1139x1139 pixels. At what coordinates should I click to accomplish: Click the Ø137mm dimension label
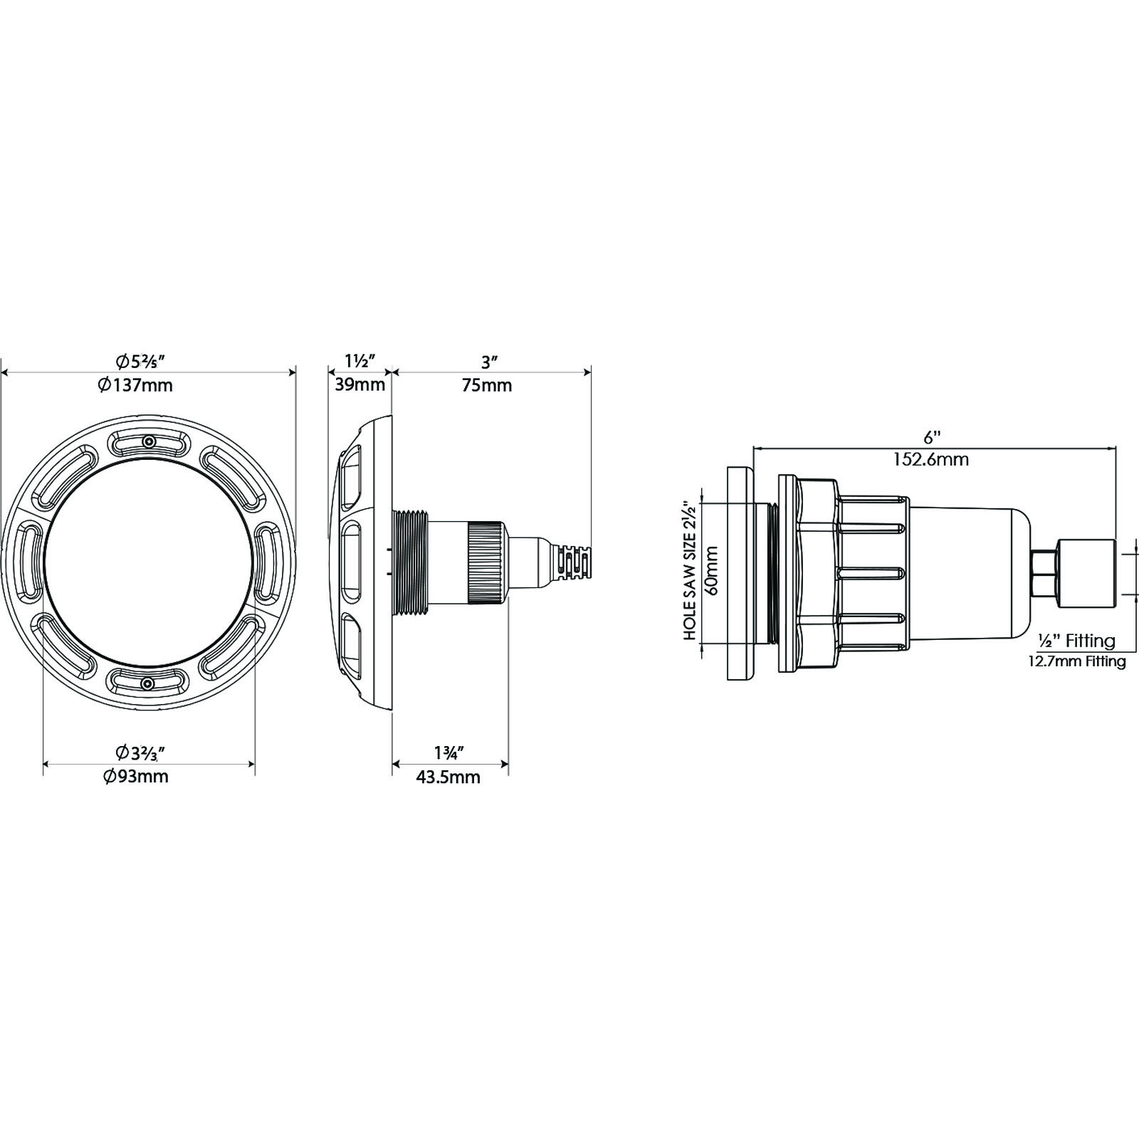[135, 385]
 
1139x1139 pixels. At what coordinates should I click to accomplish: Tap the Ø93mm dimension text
[135, 776]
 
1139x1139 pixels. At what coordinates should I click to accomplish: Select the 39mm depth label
[360, 385]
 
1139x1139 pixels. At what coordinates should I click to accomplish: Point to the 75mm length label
[487, 385]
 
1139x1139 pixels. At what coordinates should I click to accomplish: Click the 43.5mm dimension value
[448, 777]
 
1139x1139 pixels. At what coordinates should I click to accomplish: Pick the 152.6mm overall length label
[931, 459]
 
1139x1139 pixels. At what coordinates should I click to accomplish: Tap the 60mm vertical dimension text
[712, 570]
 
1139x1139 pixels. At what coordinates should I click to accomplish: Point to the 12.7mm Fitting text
[1077, 661]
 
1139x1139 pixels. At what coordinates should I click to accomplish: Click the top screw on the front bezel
[148, 442]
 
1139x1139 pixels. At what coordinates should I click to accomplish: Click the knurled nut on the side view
[487, 563]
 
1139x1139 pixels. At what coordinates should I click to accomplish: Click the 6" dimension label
[932, 435]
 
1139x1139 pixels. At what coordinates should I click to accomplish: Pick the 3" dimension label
[488, 362]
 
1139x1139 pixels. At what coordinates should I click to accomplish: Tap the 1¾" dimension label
[449, 752]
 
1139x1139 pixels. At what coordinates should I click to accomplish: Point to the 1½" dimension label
[360, 362]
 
